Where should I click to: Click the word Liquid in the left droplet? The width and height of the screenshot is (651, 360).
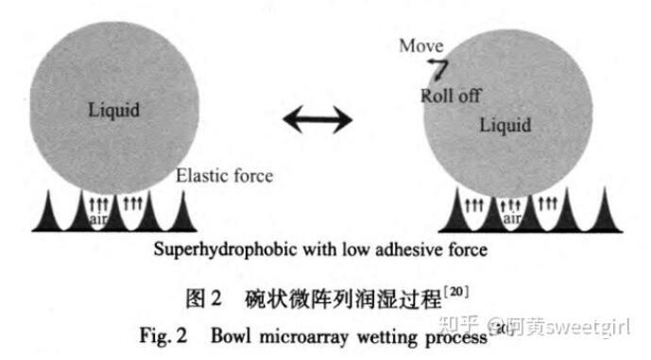point(113,111)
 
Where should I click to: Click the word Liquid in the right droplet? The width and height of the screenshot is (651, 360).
point(505,126)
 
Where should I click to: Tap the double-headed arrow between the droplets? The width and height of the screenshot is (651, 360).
point(317,120)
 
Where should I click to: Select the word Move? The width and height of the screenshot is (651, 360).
point(421,45)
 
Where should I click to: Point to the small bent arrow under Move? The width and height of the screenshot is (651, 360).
point(439,69)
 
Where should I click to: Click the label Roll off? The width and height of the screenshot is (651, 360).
point(451,96)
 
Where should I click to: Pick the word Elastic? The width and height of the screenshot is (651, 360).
point(202,176)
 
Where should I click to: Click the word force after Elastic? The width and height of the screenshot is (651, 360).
point(252,176)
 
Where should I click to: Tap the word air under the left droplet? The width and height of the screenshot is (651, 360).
point(98,219)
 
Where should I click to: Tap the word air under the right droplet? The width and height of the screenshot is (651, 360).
point(512,218)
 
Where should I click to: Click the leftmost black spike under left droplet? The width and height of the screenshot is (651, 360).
point(48,212)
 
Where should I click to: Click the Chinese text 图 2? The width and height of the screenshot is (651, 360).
point(203,299)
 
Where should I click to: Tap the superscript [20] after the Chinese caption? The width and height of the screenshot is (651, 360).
point(456,291)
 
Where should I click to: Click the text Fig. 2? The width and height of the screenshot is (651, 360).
point(163,335)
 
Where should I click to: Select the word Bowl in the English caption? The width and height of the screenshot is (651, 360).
point(231,335)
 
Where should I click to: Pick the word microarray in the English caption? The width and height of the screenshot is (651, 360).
point(304,336)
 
